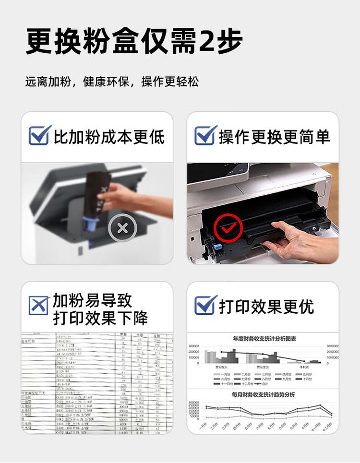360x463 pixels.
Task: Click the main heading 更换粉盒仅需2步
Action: point(134,42)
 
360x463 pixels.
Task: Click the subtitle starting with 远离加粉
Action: point(111,82)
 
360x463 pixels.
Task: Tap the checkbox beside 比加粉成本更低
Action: point(39,136)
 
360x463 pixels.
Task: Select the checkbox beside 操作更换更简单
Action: point(205,136)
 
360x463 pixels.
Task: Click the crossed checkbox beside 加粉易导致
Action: point(38,306)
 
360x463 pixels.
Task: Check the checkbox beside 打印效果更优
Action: point(205,305)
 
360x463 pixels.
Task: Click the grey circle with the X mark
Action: point(122,228)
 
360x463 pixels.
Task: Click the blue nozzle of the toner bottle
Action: point(90,224)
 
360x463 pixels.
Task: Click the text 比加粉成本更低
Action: point(109,137)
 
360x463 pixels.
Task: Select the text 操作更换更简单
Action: point(275,137)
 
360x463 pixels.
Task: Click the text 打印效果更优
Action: point(266,306)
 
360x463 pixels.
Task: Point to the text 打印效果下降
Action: point(100,318)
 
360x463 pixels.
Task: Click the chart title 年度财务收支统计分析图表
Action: point(264,339)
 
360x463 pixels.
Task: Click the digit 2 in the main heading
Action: point(208,42)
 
